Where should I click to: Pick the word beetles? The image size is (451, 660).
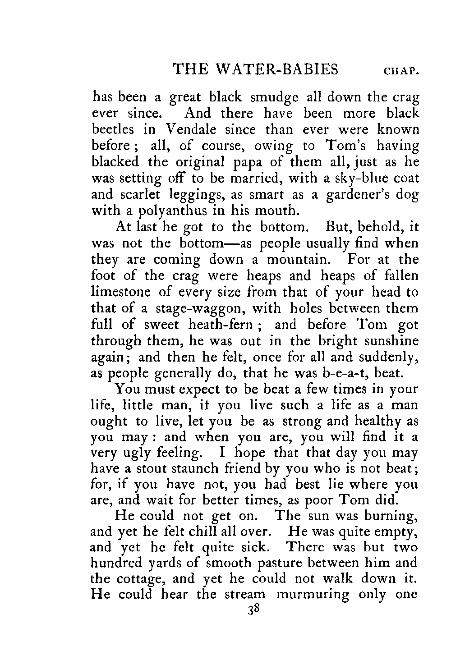(113, 130)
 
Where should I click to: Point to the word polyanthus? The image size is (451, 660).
(169, 211)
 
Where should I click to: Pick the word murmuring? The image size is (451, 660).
(313, 594)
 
